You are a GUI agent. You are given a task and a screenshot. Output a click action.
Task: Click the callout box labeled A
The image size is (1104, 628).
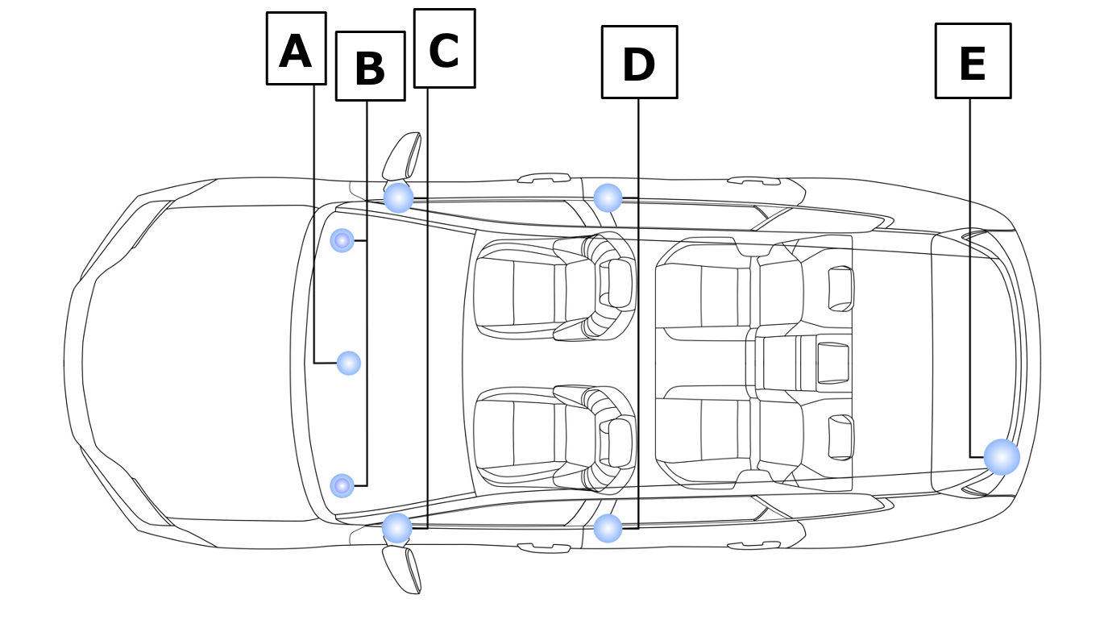coord(296,48)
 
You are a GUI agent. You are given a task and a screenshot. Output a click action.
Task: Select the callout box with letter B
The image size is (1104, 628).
coord(370,66)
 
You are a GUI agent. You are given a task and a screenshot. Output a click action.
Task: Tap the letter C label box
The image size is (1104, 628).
coord(444,48)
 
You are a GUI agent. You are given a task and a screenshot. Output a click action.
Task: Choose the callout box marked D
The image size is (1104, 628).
coord(639,62)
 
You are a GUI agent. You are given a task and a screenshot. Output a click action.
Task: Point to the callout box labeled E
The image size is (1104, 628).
coord(973,61)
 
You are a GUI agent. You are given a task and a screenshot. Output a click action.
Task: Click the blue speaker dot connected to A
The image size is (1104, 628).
coord(348,363)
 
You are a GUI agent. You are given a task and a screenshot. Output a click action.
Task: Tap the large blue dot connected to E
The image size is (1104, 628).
coord(1002,457)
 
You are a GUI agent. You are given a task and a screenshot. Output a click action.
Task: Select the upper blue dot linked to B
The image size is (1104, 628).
coord(342,239)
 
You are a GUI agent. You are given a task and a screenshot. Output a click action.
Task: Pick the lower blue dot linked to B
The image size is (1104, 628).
coord(342,485)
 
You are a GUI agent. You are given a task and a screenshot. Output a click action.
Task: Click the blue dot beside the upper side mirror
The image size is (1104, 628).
coord(398,198)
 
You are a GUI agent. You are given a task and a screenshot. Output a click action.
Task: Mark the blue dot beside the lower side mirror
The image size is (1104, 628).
coord(397,528)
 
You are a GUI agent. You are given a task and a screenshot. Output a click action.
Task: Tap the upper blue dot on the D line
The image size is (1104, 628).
coord(608,198)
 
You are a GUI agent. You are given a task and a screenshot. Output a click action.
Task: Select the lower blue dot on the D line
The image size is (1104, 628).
coord(608,528)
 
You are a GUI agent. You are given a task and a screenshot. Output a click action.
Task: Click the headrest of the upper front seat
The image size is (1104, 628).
coord(620,284)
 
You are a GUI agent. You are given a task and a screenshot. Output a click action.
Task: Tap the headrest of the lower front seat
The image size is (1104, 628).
coord(620,442)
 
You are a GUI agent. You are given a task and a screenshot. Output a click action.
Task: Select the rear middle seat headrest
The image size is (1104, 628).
coord(832,363)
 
